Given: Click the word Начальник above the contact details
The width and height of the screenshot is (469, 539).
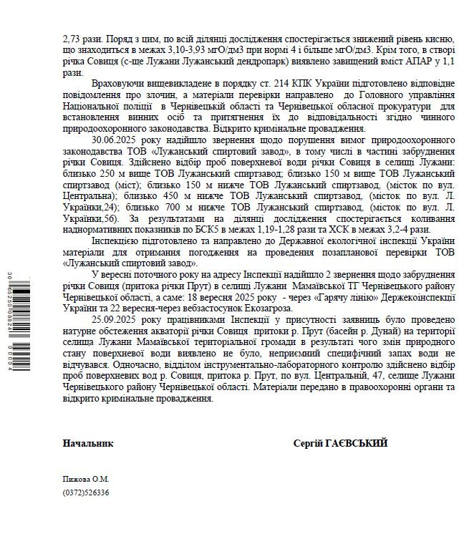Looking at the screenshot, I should pos(87,443).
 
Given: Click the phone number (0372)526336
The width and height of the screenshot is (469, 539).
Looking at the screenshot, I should pos(86,492).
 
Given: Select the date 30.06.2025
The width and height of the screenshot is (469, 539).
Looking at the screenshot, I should pos(116,137).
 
